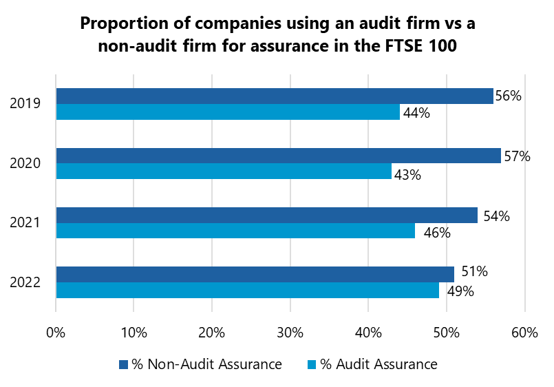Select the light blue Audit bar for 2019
227,112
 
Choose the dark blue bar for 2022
255,274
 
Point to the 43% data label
407,174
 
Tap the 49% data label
460,291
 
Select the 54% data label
496,216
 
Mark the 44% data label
416,114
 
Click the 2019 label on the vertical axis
25,105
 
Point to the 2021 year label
25,223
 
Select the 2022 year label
25,282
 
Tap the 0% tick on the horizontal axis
56,333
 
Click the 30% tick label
290,333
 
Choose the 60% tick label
524,333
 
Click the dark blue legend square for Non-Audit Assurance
124,364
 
